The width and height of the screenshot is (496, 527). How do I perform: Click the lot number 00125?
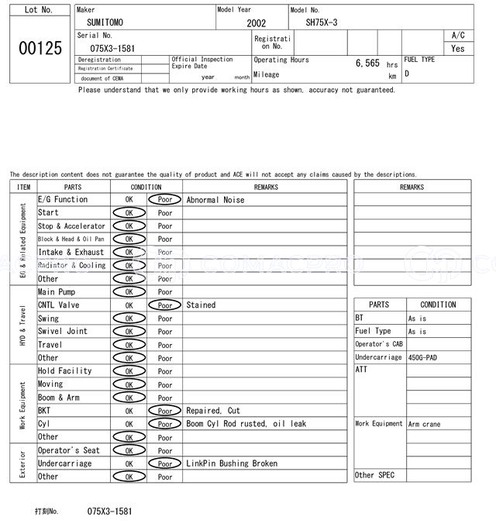tap(40, 48)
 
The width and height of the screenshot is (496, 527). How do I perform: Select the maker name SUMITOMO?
tap(105, 22)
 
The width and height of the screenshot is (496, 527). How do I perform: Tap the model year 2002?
tap(257, 23)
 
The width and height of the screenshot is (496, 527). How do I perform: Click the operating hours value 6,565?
tap(367, 64)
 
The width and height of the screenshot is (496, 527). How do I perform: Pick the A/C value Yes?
tap(458, 48)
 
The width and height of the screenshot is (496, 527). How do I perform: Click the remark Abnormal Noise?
tap(215, 200)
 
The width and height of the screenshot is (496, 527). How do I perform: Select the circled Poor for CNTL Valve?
tap(165, 305)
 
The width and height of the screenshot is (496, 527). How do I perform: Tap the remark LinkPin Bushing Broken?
tap(232, 463)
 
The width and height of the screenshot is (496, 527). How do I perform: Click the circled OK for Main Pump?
tap(129, 292)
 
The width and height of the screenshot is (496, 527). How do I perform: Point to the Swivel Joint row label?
tap(63, 332)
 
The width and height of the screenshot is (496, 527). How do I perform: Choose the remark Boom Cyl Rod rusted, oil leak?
tap(246, 424)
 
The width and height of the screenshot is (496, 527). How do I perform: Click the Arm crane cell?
tap(425, 424)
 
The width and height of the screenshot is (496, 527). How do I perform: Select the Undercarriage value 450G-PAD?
tap(425, 358)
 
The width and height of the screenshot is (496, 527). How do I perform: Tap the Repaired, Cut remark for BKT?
tap(213, 411)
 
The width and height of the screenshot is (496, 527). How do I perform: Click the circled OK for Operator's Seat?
tap(129, 450)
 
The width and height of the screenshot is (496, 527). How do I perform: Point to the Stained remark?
tap(201, 305)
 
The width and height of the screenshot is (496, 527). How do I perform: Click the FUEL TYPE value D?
tap(407, 74)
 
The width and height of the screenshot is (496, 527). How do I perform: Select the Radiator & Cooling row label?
tap(72, 266)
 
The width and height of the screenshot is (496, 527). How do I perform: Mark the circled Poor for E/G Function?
tap(165, 200)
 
